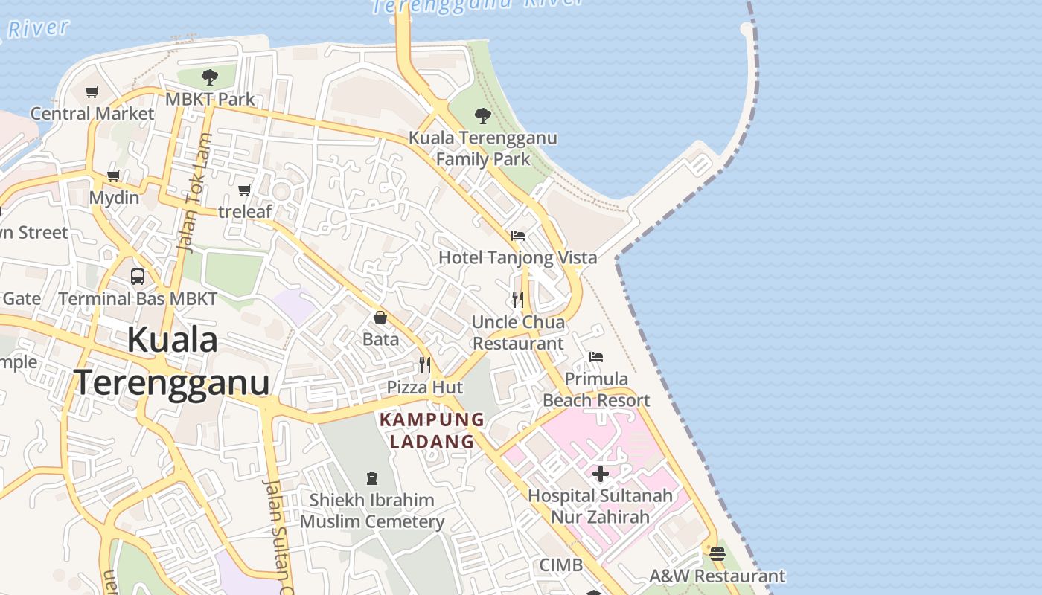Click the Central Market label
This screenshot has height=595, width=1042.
pyautogui.click(x=92, y=114)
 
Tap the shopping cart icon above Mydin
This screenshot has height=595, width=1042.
pyautogui.click(x=114, y=176)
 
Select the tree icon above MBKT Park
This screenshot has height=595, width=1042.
pyautogui.click(x=210, y=77)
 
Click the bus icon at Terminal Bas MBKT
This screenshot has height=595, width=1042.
pyautogui.click(x=138, y=277)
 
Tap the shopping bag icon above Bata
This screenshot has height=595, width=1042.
pyautogui.click(x=380, y=318)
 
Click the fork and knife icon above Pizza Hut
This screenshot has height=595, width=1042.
pyautogui.click(x=424, y=365)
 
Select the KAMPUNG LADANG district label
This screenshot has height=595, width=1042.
pyautogui.click(x=432, y=431)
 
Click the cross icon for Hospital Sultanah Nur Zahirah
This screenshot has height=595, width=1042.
pyautogui.click(x=601, y=474)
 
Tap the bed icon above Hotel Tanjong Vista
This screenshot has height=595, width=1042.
pyautogui.click(x=518, y=236)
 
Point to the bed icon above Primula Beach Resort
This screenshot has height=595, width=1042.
pyautogui.click(x=596, y=357)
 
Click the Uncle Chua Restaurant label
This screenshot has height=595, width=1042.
pyautogui.click(x=518, y=332)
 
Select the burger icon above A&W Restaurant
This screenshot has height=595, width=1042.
pyautogui.click(x=717, y=554)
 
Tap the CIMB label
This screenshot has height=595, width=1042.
pyautogui.click(x=561, y=565)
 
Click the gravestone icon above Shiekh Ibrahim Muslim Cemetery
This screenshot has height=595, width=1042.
pyautogui.click(x=372, y=478)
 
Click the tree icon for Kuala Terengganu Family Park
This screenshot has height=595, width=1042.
pyautogui.click(x=483, y=116)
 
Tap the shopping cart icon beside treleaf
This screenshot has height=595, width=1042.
pyautogui.click(x=245, y=190)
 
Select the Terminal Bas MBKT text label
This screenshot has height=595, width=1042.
pyautogui.click(x=138, y=299)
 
